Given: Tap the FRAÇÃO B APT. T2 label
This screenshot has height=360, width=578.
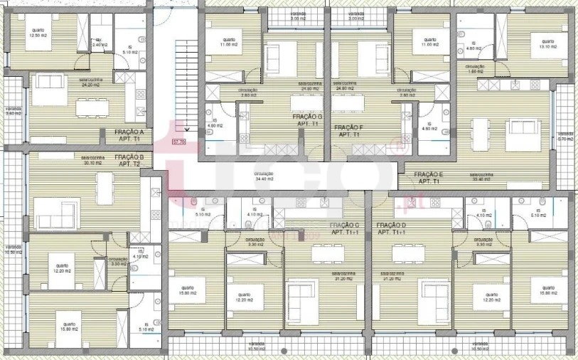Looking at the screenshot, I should point(129,160).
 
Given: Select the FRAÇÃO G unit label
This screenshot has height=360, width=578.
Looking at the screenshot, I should point(307,120).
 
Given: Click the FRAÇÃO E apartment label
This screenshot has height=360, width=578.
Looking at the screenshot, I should point(428,178).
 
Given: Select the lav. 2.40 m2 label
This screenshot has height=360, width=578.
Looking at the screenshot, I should point(100,43).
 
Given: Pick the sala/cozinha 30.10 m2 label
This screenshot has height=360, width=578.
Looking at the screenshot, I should point(92,161).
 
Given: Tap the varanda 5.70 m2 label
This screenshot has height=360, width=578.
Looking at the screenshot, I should point(565,136).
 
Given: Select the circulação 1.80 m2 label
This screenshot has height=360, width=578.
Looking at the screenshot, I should point(476,69).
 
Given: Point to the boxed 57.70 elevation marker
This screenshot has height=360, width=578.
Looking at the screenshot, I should point(178,142).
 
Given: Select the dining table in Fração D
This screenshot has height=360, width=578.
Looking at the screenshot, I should point(408,253).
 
